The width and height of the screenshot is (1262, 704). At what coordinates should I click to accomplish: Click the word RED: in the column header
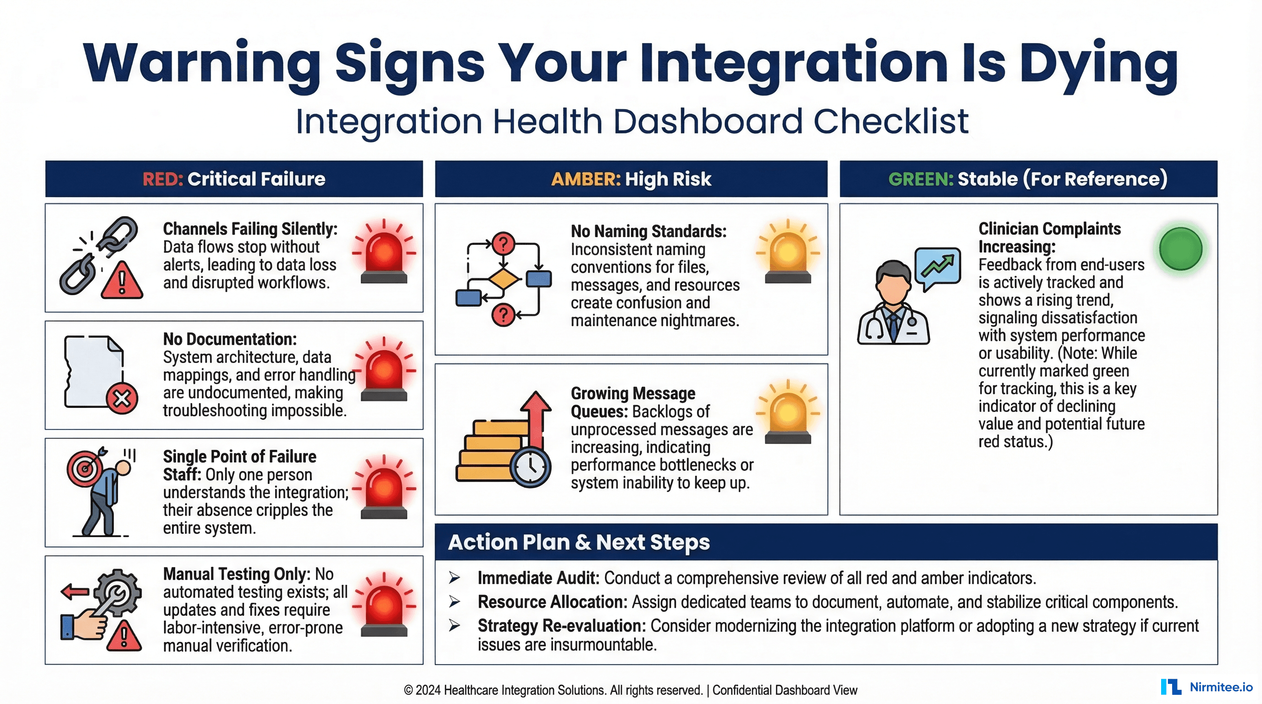pyautogui.click(x=163, y=179)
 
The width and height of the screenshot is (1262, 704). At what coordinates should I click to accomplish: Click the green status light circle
pyautogui.click(x=1181, y=249)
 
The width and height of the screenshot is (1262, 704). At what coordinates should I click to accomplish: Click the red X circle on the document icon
pyautogui.click(x=122, y=398)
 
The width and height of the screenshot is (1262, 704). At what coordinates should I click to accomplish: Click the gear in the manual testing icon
pyautogui.click(x=117, y=592)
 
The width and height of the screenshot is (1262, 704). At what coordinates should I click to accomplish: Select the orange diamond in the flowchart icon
pyautogui.click(x=503, y=280)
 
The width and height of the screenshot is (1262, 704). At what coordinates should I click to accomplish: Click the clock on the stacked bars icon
pyautogui.click(x=531, y=467)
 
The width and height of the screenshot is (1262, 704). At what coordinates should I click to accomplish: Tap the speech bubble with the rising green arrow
pyautogui.click(x=938, y=267)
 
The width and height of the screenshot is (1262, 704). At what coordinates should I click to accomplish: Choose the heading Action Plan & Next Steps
pyautogui.click(x=579, y=543)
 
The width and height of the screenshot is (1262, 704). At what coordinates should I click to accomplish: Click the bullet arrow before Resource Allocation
pyautogui.click(x=454, y=602)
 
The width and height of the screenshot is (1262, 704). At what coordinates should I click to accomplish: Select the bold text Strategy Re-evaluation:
pyautogui.click(x=561, y=626)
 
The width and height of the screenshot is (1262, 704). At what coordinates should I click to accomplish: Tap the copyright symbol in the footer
pyautogui.click(x=408, y=691)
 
